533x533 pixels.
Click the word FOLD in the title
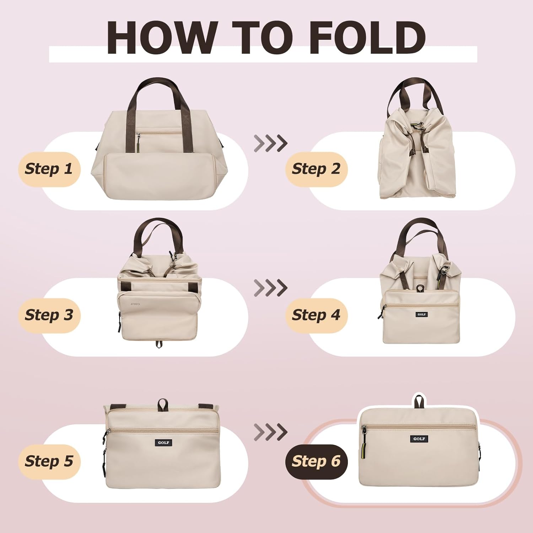click(367, 38)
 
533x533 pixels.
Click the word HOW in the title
click(162, 38)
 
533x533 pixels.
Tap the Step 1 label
click(49, 169)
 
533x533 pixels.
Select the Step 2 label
click(316, 169)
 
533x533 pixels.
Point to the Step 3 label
click(49, 316)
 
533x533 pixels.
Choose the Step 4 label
click(316, 316)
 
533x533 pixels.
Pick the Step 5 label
click(49, 462)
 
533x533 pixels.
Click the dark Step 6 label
click(316, 462)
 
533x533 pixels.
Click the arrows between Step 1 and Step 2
click(271, 144)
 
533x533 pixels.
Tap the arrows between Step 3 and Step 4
click(271, 288)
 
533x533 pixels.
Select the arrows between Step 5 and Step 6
click(271, 432)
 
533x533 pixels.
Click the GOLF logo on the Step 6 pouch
click(419, 439)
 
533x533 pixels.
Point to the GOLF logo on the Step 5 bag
click(164, 443)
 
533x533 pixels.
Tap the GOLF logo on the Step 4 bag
click(422, 314)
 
